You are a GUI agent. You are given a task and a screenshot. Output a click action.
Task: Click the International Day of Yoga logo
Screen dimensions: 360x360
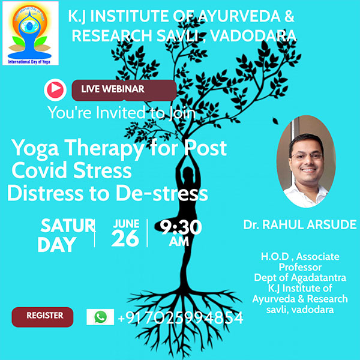coord(31,33)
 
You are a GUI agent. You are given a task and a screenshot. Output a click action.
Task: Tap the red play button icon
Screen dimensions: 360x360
coord(55,90)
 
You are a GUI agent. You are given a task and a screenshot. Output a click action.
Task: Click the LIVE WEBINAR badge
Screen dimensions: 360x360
coord(124,90)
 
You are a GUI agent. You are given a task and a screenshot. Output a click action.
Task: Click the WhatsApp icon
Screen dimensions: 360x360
coord(100,317)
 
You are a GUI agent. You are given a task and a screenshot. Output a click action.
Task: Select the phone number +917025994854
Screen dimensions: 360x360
coord(181,318)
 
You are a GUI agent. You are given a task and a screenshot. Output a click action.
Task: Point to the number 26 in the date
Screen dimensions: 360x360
coord(125,238)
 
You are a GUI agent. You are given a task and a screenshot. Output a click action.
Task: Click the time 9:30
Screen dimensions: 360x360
coord(181,227)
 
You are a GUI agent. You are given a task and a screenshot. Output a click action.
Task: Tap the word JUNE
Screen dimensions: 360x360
coord(126,224)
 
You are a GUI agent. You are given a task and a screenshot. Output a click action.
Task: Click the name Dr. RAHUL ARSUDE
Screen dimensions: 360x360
coord(300,224)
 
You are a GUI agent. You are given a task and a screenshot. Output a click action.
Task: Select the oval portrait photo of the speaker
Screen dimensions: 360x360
coord(306,161)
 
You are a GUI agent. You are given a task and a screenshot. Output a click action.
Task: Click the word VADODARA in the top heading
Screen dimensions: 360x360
coord(253,36)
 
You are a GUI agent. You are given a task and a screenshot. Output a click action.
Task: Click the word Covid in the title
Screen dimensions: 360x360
coord(40,170)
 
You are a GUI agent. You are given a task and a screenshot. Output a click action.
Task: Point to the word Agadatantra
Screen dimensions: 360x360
coord(319,278)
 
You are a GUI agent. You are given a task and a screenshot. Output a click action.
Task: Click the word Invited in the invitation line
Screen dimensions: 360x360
coord(121,113)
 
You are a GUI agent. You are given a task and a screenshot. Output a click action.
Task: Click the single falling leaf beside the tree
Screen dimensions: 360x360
coord(275,121)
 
